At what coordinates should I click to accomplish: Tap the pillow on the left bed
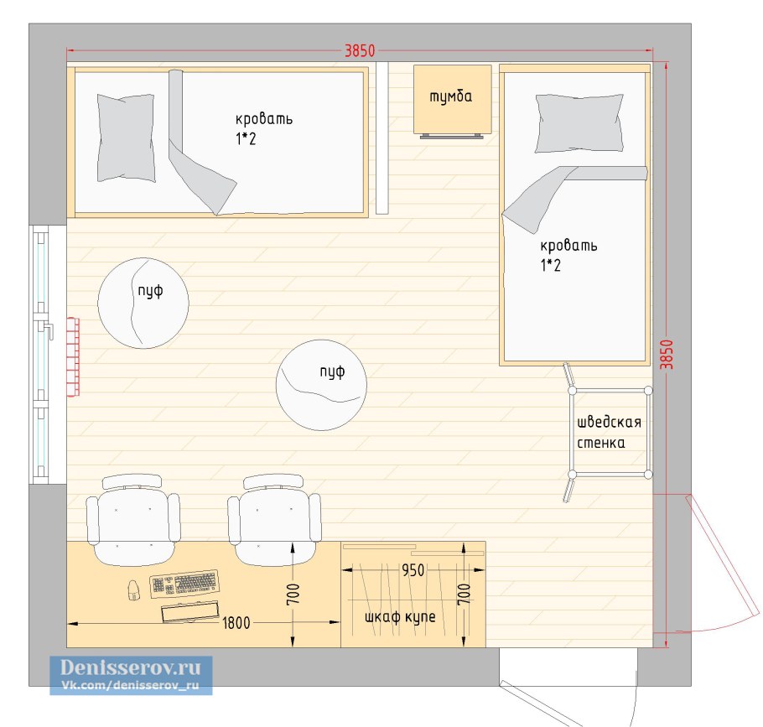click(x=126, y=138)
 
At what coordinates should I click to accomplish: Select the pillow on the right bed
click(x=579, y=123)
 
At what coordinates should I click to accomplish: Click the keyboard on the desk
click(x=184, y=583)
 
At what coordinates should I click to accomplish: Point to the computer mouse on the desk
click(x=133, y=589)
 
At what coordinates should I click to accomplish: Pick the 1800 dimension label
click(x=236, y=623)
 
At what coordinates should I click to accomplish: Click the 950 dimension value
click(x=413, y=570)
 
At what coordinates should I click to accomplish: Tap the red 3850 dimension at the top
click(x=360, y=50)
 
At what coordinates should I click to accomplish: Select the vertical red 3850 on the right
click(x=667, y=354)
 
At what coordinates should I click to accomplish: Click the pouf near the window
click(x=143, y=304)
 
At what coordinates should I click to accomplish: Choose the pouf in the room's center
click(x=321, y=385)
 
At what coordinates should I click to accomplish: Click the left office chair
click(x=132, y=519)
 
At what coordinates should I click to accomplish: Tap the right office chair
click(x=274, y=519)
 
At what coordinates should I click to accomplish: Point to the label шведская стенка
click(x=609, y=432)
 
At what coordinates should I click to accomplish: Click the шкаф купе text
click(x=400, y=617)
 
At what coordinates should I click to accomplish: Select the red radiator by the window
click(x=73, y=357)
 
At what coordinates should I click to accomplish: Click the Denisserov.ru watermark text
click(x=131, y=667)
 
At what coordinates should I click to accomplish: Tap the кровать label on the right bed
click(x=568, y=245)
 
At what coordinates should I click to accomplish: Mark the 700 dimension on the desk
click(x=293, y=595)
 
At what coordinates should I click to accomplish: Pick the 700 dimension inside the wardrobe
click(x=465, y=595)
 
